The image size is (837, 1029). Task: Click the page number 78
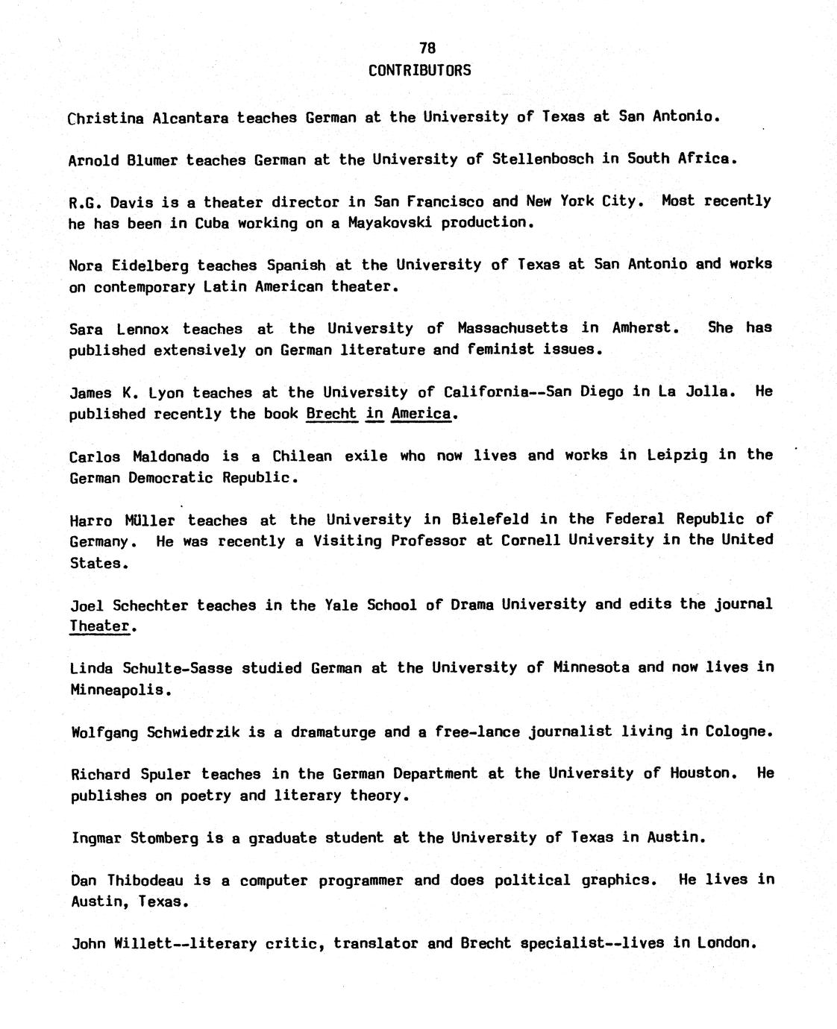click(427, 48)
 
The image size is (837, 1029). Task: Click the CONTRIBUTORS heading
click(420, 70)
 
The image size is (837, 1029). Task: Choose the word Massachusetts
click(512, 328)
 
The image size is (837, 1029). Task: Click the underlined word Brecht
click(331, 414)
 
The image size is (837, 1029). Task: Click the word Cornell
click(530, 540)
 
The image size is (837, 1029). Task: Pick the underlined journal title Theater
click(100, 626)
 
